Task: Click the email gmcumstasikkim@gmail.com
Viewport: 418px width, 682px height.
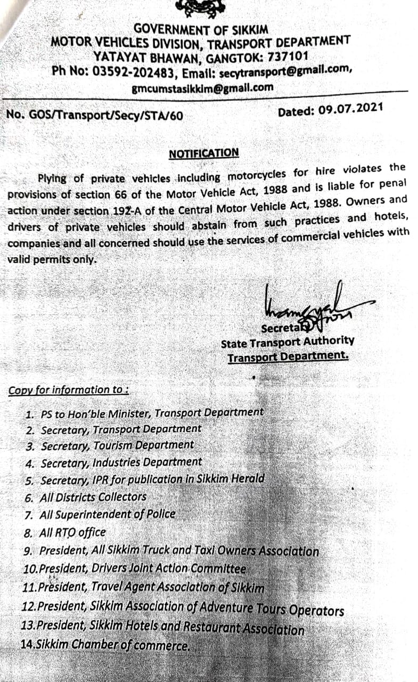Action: [203, 88]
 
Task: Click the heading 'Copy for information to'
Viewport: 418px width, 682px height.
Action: [68, 390]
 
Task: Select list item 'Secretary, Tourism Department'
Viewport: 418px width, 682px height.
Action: [117, 445]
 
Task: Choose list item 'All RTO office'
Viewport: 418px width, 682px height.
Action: [72, 532]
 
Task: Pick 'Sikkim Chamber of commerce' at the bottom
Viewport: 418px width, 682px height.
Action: [105, 645]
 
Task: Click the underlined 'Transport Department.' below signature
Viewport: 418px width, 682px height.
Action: [288, 356]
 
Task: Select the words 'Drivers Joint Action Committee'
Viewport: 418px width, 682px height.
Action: [165, 569]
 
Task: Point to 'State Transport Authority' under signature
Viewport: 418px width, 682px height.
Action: [288, 342]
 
